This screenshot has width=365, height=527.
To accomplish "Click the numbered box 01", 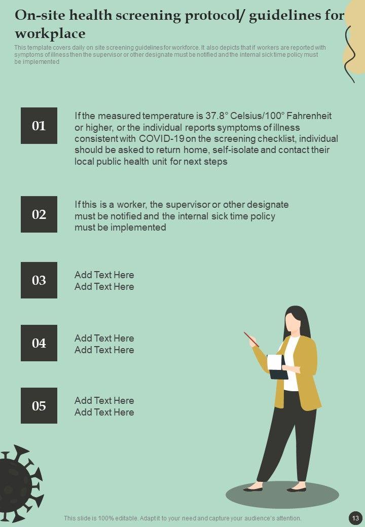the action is tap(39, 126).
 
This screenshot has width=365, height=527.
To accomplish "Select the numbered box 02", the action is tap(39, 214).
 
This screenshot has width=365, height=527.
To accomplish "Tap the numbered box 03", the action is tap(39, 280).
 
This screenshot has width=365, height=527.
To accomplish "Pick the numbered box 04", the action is tap(39, 343).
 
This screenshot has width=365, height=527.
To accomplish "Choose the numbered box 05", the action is tap(39, 406).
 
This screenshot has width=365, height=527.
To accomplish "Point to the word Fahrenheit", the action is tap(309, 116).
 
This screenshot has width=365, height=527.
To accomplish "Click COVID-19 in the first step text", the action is tap(161, 139).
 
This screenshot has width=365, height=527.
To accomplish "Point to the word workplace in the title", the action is tap(50, 33).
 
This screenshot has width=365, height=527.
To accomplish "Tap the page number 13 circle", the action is tap(355, 518).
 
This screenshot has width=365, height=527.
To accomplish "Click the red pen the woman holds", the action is tap(251, 340).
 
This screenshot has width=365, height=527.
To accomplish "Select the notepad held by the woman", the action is tap(278, 367).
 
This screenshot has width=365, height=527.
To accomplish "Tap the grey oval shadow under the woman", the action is tap(282, 495).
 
